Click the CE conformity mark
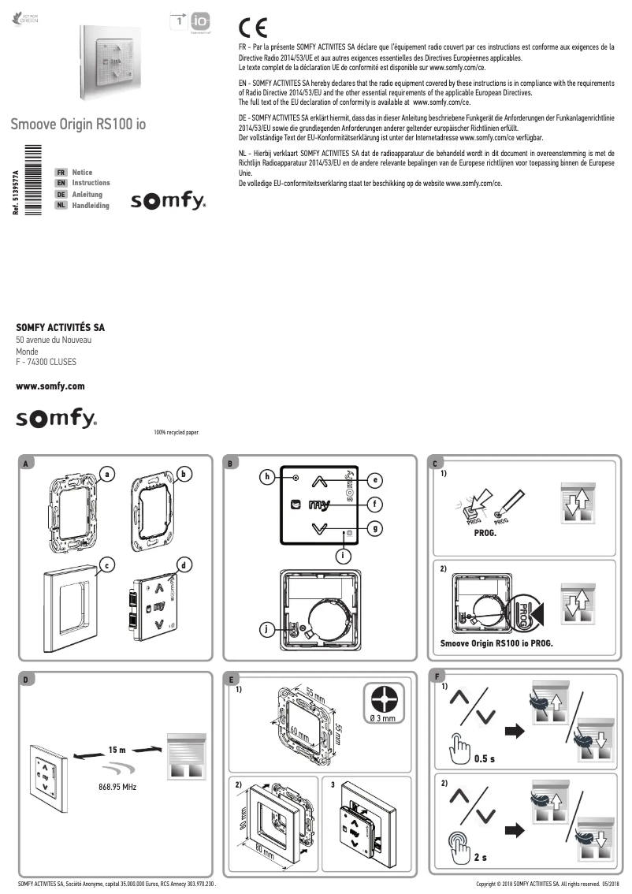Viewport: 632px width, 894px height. click(252, 29)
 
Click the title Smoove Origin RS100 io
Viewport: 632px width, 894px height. click(78, 125)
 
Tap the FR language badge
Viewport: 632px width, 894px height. click(61, 172)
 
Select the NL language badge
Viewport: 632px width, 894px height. click(61, 206)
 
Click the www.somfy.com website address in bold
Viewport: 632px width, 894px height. click(50, 386)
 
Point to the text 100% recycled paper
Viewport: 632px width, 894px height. click(177, 433)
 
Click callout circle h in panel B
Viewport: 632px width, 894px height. click(268, 476)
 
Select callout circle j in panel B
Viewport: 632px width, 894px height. click(268, 628)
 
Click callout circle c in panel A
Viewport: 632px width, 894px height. click(103, 564)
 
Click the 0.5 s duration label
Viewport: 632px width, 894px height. click(485, 759)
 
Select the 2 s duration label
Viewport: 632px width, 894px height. click(481, 857)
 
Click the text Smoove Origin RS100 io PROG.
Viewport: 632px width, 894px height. click(496, 643)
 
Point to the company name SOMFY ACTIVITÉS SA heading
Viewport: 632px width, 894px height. click(61, 326)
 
